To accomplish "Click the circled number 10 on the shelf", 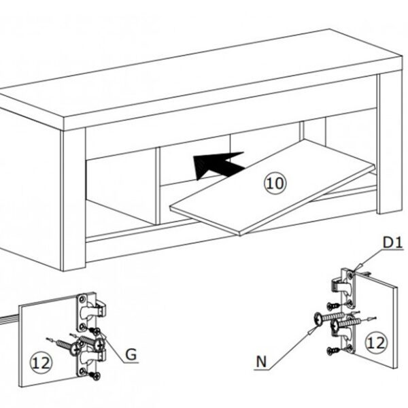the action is pos(275,183).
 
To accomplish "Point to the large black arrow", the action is pos(218,165).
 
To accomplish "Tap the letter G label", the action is pos(131,354).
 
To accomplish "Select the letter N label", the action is pos(262,362).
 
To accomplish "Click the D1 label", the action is pos(393,243).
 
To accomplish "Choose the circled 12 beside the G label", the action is pos(41,363).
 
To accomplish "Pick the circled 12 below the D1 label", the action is pos(376,343).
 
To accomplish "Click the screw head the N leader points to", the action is pos(319,320).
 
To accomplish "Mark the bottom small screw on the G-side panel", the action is pos(95,375).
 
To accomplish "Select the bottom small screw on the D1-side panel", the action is pos(333,350).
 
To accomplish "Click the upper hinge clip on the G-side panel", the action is pos(100,309).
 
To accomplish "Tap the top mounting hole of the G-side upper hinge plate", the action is pos(82,299).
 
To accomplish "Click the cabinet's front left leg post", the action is pos(73,200).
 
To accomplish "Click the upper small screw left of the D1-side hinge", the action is pos(333,306).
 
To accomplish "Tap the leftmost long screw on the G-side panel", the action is pos(68,345).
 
